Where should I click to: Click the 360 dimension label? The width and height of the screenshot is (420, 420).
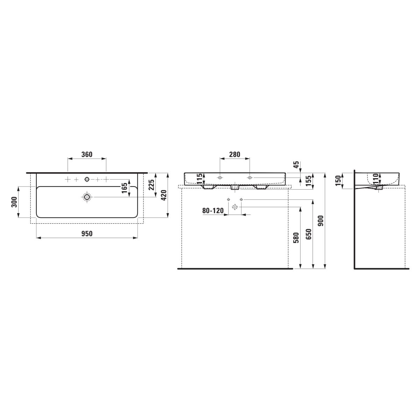click(x=87, y=154)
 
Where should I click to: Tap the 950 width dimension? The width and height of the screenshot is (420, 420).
click(x=87, y=234)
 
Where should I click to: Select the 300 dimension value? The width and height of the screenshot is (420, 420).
click(x=14, y=202)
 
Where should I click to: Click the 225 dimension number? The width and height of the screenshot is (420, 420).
click(x=151, y=184)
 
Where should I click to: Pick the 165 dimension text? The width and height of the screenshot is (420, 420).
click(x=124, y=188)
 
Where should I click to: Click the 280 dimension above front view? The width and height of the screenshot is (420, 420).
click(x=234, y=154)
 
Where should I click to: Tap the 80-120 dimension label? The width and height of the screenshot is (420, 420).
click(x=213, y=211)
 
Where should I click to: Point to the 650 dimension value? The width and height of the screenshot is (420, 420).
click(x=308, y=234)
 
